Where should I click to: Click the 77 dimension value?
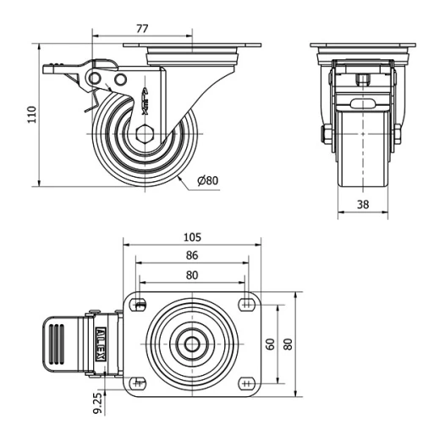pyautogui.click(x=141, y=29)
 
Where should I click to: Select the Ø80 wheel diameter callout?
pyautogui.click(x=207, y=180)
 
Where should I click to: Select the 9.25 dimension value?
pyautogui.click(x=100, y=402)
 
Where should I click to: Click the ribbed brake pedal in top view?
pyautogui.click(x=57, y=345)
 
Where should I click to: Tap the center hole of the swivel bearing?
pyautogui.click(x=193, y=345)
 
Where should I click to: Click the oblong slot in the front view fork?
pyautogui.click(x=361, y=105)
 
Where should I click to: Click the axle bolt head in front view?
pyautogui.click(x=326, y=135)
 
